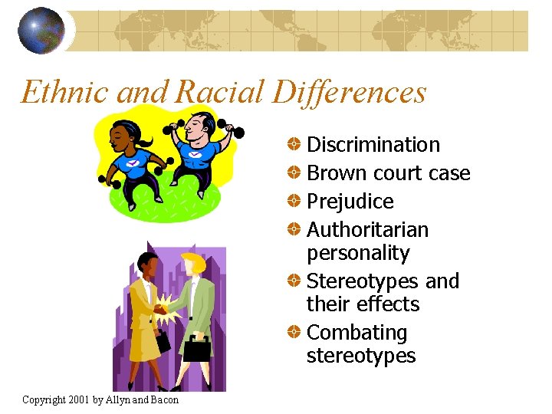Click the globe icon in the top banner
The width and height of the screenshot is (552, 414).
click(x=41, y=31)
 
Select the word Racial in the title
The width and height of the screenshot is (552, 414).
click(x=220, y=92)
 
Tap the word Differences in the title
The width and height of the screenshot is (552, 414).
click(x=349, y=92)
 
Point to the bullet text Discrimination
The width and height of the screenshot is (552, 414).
click(x=373, y=145)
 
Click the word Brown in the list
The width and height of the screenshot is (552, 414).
click(x=334, y=173)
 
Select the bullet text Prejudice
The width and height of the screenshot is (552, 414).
click(x=350, y=202)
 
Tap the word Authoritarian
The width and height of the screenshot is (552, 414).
click(x=367, y=230)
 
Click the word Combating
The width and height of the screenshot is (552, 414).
click(x=356, y=333)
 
